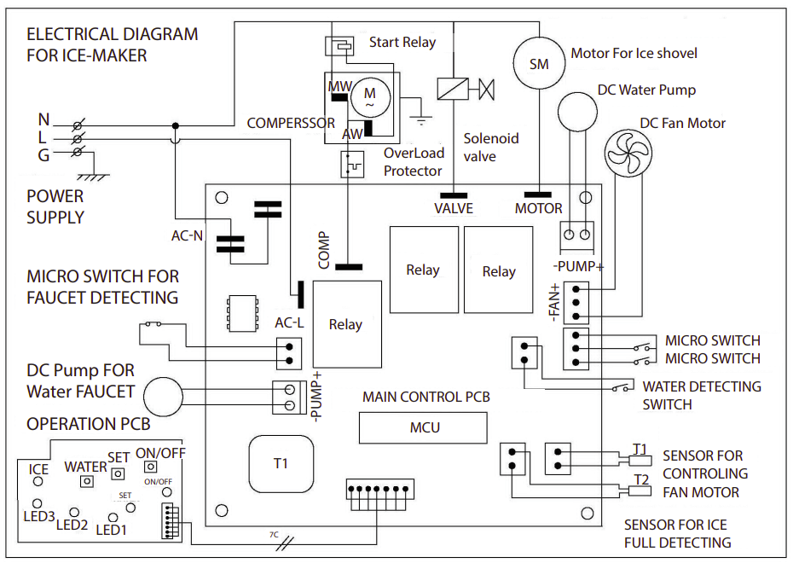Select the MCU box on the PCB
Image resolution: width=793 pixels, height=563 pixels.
pyautogui.click(x=423, y=427)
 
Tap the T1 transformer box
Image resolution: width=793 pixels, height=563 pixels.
pyautogui.click(x=281, y=463)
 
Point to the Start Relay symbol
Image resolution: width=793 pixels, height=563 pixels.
pyautogui.click(x=339, y=46)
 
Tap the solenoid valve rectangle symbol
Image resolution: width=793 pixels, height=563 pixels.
pyautogui.click(x=453, y=89)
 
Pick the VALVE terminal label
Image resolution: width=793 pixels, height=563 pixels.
pyautogui.click(x=454, y=208)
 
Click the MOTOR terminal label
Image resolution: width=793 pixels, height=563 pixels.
pyautogui.click(x=539, y=208)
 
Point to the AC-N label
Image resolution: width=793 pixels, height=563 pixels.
pyautogui.click(x=187, y=235)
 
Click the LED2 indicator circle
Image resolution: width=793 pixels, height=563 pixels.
pyautogui.click(x=74, y=513)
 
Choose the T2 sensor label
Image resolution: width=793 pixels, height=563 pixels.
pyautogui.click(x=641, y=479)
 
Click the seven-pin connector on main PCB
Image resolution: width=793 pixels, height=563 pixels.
pyautogui.click(x=380, y=489)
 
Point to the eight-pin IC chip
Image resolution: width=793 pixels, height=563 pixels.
pyautogui.click(x=242, y=314)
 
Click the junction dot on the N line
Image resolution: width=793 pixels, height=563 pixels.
pyautogui.click(x=176, y=125)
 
